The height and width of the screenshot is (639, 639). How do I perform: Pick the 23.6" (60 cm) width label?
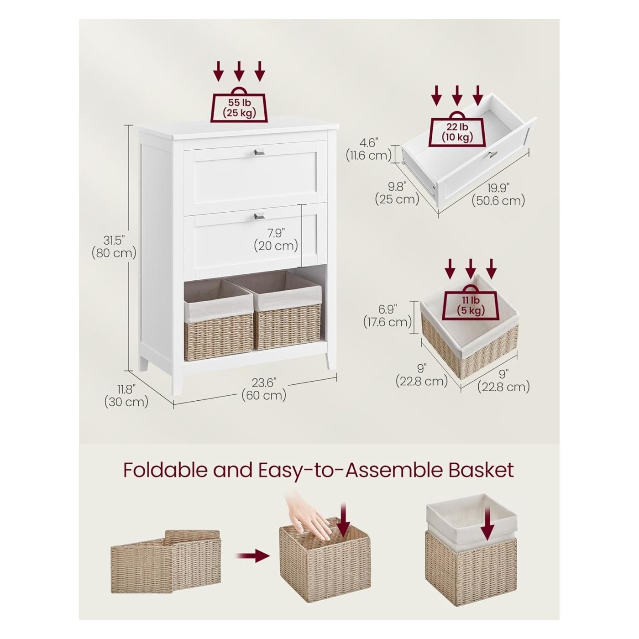pyautogui.click(x=264, y=390)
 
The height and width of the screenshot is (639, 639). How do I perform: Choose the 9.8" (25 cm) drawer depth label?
pyautogui.click(x=397, y=193)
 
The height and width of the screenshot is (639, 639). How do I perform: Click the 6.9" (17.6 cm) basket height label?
pyautogui.click(x=388, y=315)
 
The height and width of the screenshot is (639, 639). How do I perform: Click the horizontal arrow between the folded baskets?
pyautogui.click(x=252, y=556)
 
